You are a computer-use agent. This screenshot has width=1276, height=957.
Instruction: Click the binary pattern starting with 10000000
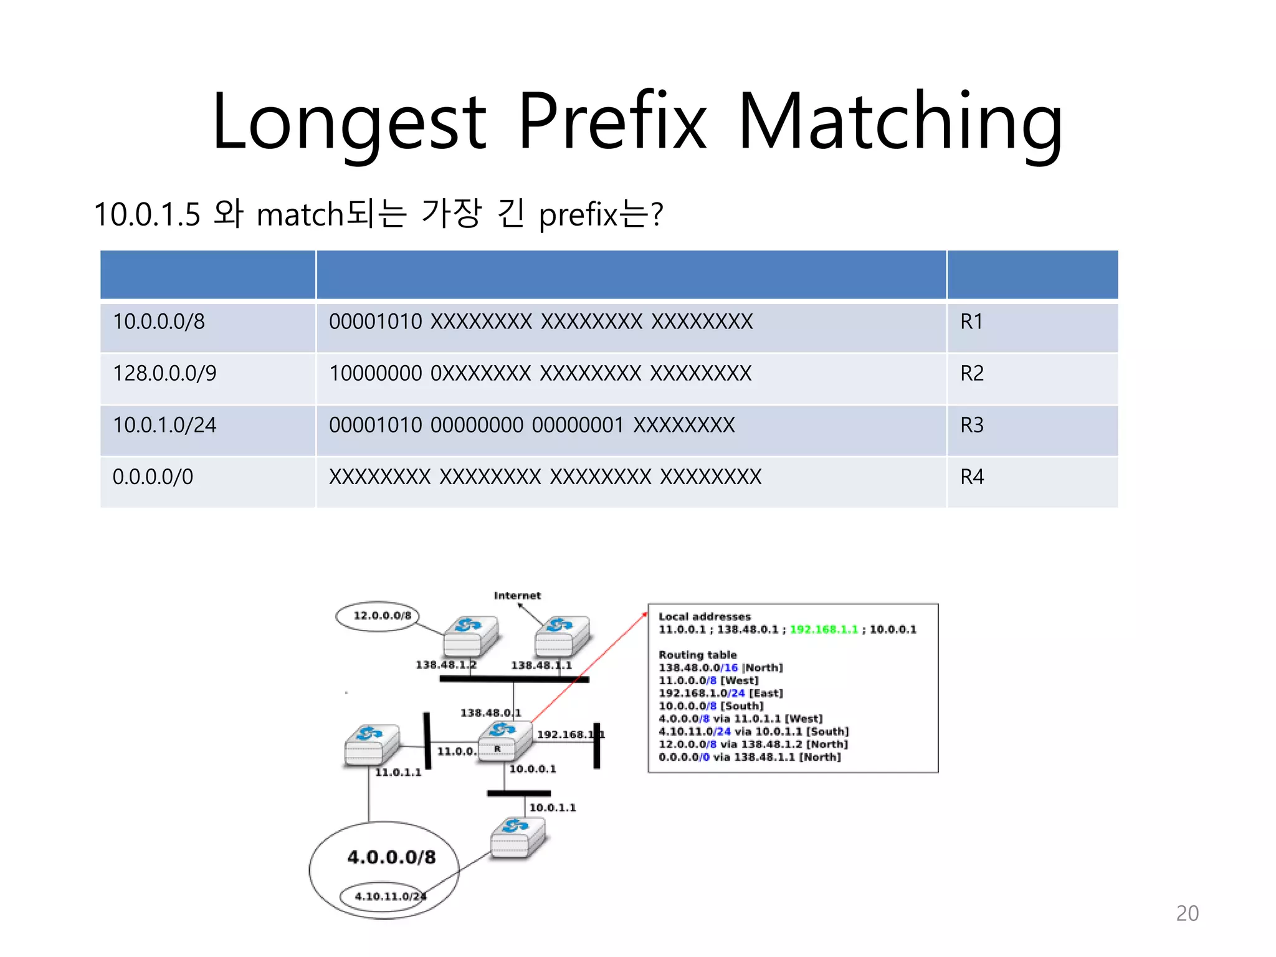click(x=540, y=373)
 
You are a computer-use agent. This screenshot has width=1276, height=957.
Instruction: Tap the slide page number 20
click(x=1187, y=913)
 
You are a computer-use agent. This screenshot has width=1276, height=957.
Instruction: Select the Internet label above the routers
click(x=517, y=596)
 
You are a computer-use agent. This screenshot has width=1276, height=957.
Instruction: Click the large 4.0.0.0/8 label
click(x=391, y=857)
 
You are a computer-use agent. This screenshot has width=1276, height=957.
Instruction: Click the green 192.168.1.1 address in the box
click(x=824, y=629)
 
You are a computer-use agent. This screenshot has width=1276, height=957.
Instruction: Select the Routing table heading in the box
click(x=698, y=655)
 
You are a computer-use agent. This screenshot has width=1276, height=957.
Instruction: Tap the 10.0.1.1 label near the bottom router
click(x=553, y=807)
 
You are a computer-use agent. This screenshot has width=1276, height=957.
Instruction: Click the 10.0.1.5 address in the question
click(x=147, y=214)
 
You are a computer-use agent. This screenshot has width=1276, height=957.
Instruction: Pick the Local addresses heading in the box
click(x=705, y=616)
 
